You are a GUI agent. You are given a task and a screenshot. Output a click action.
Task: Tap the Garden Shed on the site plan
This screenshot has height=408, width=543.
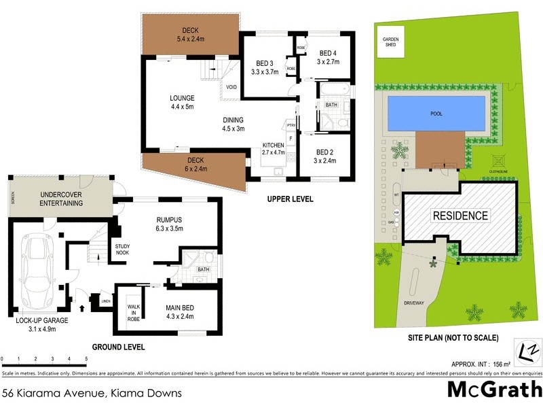391,43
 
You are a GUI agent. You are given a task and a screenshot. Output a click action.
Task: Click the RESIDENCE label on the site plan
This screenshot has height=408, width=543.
462,216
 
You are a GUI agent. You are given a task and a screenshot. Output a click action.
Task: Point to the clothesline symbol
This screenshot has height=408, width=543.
500,162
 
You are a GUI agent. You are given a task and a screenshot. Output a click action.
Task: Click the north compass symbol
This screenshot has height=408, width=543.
524,352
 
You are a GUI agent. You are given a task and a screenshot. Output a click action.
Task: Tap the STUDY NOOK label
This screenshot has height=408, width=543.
123,250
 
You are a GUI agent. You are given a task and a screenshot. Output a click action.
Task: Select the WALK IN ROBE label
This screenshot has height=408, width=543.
134,313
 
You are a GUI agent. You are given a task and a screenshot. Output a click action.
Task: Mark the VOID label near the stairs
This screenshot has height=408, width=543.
231,87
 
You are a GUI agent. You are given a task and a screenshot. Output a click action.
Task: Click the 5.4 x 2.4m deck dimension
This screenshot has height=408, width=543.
189,39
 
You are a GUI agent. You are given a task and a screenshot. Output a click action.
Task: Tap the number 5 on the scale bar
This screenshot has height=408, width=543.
86,358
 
